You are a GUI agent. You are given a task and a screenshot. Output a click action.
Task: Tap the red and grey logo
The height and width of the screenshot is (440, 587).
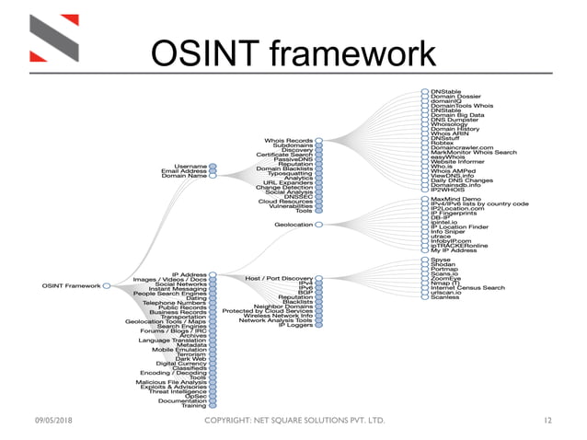(51, 41)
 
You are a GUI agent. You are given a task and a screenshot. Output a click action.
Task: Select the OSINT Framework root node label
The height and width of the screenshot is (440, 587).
(71, 285)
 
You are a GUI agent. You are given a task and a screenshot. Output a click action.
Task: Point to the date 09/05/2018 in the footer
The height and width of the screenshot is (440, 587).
(48, 421)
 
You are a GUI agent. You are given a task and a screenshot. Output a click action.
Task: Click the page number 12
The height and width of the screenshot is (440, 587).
(548, 421)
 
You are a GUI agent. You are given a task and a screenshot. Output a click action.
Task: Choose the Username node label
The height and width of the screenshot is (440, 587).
(190, 166)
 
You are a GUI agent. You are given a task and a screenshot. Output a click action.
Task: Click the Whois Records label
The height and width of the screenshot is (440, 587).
(287, 140)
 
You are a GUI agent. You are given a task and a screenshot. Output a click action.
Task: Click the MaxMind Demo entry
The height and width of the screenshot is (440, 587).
(455, 199)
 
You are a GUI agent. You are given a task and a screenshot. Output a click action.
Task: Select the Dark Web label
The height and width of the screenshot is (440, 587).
(190, 358)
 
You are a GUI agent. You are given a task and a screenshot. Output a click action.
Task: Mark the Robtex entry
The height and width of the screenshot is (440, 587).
(443, 144)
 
